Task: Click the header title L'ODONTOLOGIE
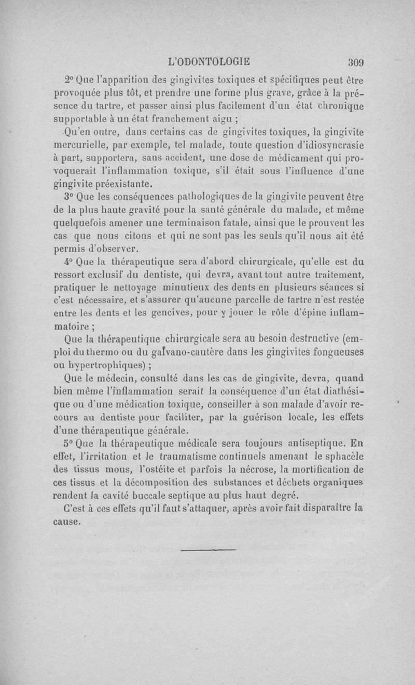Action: (210, 61)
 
